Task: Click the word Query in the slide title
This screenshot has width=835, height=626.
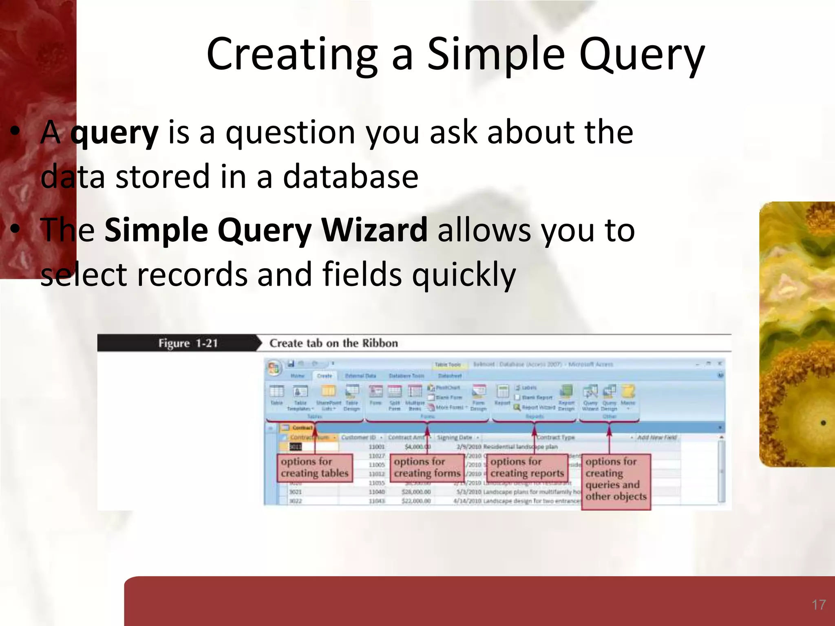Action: [642, 55]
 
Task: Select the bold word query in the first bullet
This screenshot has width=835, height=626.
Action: [114, 133]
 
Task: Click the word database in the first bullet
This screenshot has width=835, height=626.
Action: [350, 177]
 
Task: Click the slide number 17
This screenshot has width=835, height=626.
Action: [818, 605]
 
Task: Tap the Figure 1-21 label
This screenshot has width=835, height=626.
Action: [188, 343]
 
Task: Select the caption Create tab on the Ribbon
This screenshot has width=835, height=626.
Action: [334, 343]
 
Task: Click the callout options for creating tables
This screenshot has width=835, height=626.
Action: [314, 468]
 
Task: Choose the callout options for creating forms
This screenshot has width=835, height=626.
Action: [427, 468]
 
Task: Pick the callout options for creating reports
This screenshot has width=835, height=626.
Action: [527, 468]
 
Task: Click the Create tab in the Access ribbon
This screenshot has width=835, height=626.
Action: [324, 376]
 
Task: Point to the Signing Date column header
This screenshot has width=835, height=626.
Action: [454, 437]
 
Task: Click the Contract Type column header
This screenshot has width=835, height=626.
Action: [555, 437]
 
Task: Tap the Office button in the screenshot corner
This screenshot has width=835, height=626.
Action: [274, 368]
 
